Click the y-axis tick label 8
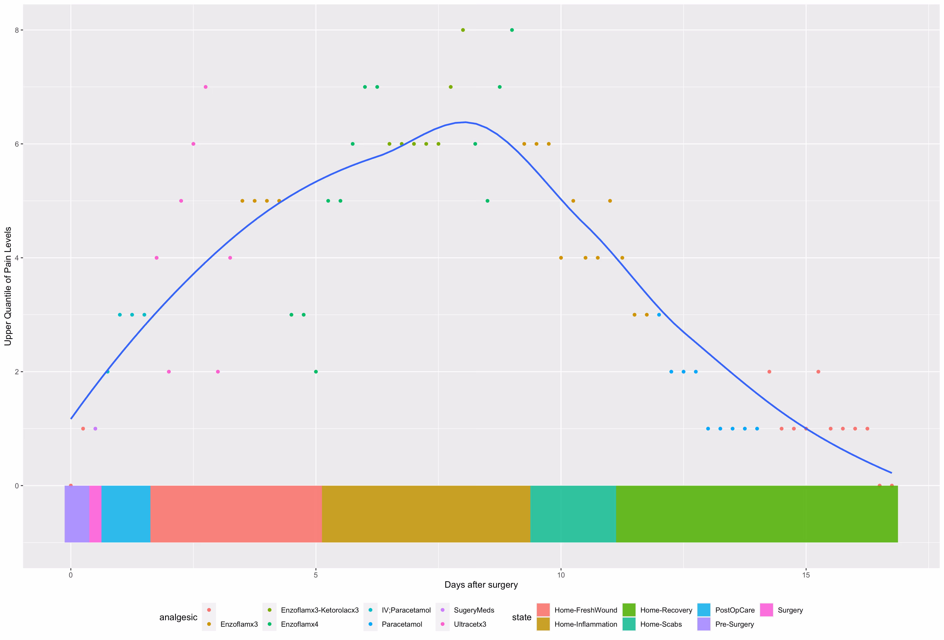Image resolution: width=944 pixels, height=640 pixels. click(x=17, y=30)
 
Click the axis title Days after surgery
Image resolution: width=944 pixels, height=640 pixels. click(x=481, y=585)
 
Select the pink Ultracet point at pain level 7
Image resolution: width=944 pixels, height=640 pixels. click(x=205, y=87)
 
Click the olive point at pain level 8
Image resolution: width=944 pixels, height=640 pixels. click(x=463, y=30)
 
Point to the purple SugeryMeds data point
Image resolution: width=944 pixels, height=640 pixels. click(x=95, y=429)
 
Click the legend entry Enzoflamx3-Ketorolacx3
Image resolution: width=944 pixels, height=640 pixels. click(x=319, y=610)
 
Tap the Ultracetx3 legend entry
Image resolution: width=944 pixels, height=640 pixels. click(x=470, y=624)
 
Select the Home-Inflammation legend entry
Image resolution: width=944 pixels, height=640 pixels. click(x=585, y=624)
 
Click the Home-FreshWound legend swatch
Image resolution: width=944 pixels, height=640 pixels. click(x=543, y=610)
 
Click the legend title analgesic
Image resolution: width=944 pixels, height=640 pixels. click(x=178, y=617)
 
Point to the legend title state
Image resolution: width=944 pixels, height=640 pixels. click(x=522, y=617)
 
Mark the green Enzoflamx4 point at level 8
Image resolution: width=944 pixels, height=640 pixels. click(x=512, y=30)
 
